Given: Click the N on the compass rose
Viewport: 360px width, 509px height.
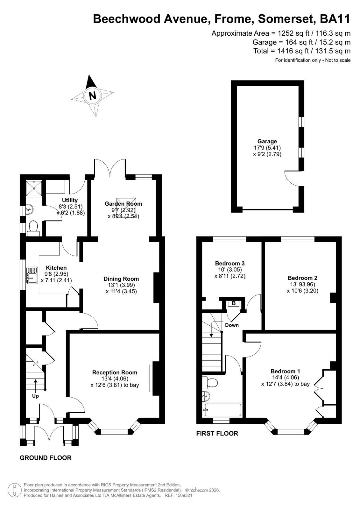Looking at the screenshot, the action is [x=93, y=96].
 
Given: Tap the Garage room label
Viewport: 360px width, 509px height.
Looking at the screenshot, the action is [x=267, y=141].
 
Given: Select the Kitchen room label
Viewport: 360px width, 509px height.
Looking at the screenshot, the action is [x=56, y=268].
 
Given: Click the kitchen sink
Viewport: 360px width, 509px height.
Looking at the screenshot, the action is [x=32, y=275].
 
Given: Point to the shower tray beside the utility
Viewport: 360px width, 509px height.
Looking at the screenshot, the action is [x=34, y=188].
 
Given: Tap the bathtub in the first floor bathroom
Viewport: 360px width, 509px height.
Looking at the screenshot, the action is [x=223, y=410].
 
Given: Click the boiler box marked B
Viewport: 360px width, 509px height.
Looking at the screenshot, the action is [x=234, y=303].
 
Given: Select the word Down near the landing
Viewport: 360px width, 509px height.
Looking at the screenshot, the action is [x=232, y=325].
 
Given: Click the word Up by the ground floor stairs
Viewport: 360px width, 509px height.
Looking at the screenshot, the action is [x=35, y=396].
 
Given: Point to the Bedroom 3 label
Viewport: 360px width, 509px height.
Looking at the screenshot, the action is [x=230, y=263].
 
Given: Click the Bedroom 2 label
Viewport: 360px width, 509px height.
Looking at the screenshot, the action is [x=302, y=278].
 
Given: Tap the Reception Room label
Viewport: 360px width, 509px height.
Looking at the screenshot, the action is [x=115, y=372].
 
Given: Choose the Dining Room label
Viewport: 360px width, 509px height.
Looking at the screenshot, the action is [x=121, y=279].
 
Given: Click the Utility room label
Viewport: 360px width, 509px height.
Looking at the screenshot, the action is [x=70, y=200].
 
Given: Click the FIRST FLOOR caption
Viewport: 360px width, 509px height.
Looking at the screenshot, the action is [x=217, y=434].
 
